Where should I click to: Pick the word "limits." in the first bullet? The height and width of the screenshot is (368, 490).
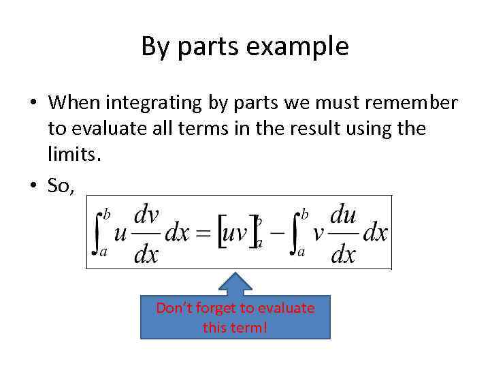74,155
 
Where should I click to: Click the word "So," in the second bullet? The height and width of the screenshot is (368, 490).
62,185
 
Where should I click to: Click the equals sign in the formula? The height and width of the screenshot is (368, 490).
203,233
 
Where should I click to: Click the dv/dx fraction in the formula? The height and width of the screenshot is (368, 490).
146,234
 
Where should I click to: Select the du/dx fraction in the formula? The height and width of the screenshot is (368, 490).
343,234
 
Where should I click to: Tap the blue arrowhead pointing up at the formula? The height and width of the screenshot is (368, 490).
235,283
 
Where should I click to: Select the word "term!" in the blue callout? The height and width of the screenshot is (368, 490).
251,328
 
